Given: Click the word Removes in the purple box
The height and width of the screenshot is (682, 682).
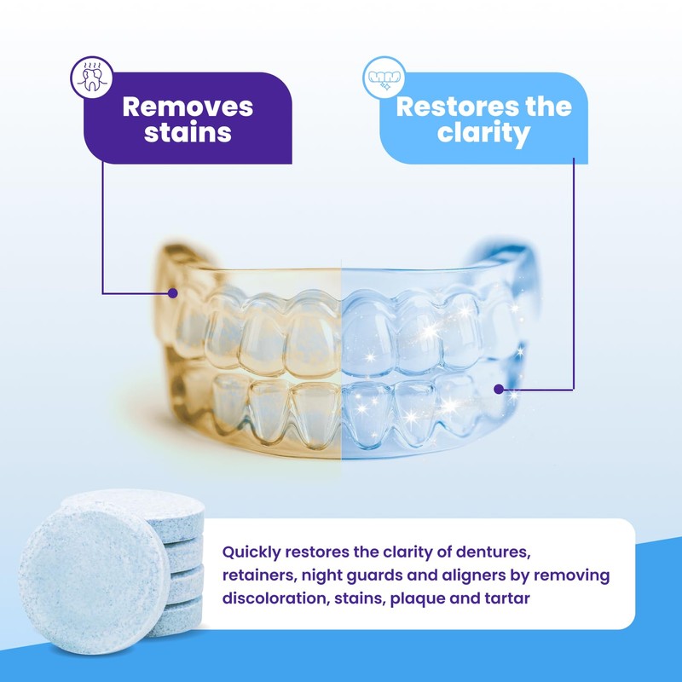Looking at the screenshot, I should pyautogui.click(x=188, y=107).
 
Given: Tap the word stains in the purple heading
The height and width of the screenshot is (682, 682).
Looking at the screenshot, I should pyautogui.click(x=188, y=133).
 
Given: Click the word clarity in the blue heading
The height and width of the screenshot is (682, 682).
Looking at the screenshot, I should pyautogui.click(x=483, y=134).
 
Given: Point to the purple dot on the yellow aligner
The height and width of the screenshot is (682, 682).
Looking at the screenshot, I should pyautogui.click(x=172, y=292).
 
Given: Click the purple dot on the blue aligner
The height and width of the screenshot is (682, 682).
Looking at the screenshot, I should pyautogui.click(x=499, y=389).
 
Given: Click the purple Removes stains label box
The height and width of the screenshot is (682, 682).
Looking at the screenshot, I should pyautogui.click(x=188, y=119).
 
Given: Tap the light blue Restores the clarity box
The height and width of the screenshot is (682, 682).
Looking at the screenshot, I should pyautogui.click(x=483, y=119).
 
